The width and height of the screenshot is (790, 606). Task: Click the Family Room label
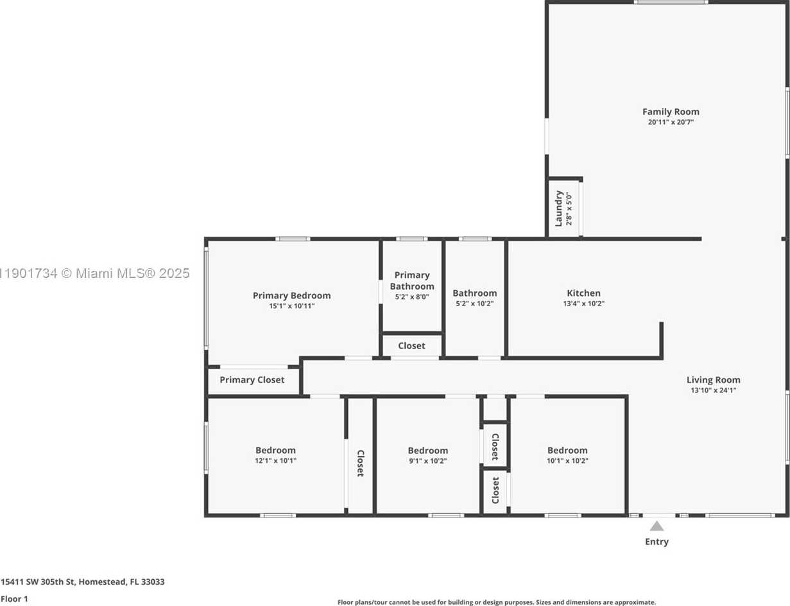point(671,112)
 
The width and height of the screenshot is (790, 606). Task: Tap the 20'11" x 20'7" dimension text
point(671,122)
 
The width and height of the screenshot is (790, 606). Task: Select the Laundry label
point(559,208)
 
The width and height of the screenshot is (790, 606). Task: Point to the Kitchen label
point(583,293)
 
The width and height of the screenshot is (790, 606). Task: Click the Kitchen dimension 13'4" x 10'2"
point(583,304)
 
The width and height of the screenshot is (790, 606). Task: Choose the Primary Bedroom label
point(291,295)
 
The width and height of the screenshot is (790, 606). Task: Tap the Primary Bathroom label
point(412,281)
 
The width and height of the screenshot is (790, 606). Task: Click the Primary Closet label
point(252,380)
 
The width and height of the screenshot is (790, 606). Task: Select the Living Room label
point(713,380)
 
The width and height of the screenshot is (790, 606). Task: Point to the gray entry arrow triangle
point(657,526)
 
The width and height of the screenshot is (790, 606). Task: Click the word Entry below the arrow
point(657,542)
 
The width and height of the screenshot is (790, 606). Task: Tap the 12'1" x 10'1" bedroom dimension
point(275,461)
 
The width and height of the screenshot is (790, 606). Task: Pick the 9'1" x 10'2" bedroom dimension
point(427,461)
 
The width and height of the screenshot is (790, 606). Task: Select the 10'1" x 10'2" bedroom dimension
point(567,460)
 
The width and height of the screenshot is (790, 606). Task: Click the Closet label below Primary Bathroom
point(411,346)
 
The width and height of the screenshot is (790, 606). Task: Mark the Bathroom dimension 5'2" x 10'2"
point(474,304)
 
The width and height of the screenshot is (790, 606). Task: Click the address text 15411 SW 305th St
point(38,582)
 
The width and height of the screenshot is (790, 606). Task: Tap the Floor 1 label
point(14,599)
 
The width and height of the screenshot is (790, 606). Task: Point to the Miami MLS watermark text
point(94,273)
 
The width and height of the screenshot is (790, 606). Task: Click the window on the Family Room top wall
point(671,2)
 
